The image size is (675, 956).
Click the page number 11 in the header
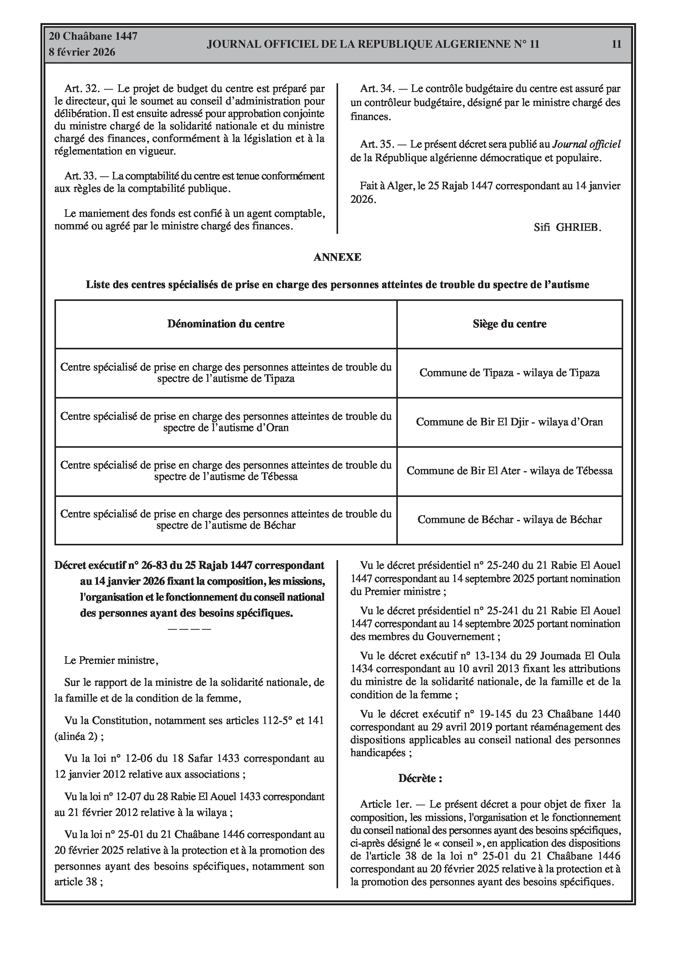[616, 44]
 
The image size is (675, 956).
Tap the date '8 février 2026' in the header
[82, 53]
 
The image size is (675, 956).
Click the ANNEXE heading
[337, 257]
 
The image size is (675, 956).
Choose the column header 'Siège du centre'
[509, 324]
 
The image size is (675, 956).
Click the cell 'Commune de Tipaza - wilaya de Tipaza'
[509, 373]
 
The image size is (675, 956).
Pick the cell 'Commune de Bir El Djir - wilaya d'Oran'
[509, 422]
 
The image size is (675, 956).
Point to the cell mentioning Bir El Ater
[509, 471]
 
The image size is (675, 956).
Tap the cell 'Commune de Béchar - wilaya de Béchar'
[509, 520]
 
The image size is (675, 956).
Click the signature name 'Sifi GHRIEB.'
[567, 228]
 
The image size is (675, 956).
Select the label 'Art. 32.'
[82, 89]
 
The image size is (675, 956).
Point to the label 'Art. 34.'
[377, 89]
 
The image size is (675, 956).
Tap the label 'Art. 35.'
[377, 145]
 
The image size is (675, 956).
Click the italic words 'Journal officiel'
[586, 145]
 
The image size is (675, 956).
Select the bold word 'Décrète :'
[420, 778]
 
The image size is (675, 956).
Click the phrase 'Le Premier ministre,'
[111, 660]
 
